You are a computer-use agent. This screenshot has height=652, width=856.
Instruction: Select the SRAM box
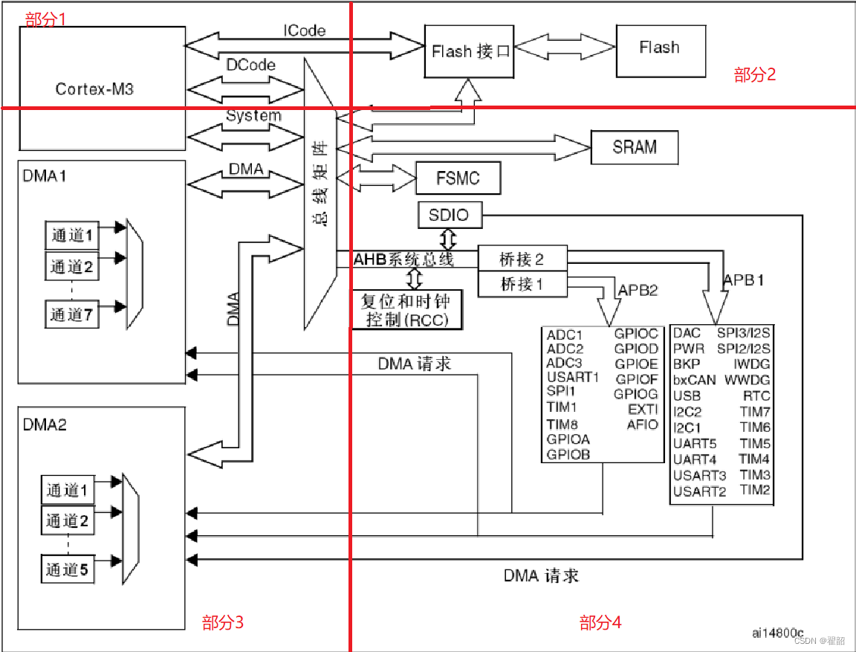pos(635,146)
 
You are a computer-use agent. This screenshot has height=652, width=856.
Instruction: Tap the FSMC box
pos(458,178)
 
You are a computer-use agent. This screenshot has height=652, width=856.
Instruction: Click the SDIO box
pos(449,216)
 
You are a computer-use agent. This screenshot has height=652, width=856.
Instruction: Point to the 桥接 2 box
pos(522,259)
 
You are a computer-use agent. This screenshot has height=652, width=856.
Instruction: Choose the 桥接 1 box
pos(522,283)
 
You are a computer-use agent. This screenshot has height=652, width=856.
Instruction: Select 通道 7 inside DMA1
pos(71,314)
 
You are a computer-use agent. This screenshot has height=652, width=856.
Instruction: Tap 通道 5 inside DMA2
pos(67,569)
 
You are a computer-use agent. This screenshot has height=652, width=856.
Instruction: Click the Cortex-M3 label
pos(94,89)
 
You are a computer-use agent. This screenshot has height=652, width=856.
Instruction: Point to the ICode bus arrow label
pos(305,30)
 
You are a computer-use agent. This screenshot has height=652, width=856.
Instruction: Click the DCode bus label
pos(250,65)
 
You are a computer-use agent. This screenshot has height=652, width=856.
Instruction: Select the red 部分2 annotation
pos(755,74)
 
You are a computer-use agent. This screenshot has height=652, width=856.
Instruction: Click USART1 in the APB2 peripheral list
pos(572,377)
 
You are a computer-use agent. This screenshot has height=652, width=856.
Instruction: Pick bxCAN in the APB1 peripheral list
pos(695,380)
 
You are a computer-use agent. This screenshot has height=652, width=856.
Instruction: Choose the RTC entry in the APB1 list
pos(756,396)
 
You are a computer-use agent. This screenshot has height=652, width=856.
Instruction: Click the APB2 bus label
pos(638,291)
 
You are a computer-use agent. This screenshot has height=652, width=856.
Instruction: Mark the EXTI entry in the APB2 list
pos(643,409)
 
